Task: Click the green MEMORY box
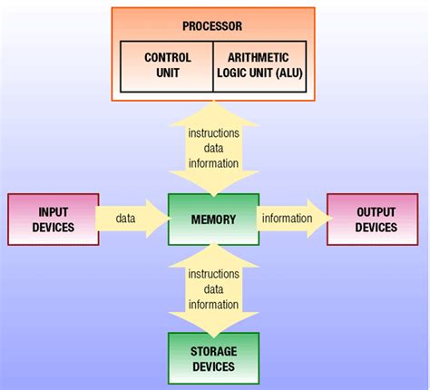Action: (x=213, y=219)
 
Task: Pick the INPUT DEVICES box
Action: (x=54, y=219)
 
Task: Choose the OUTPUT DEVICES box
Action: (x=375, y=219)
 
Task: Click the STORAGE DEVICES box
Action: (x=213, y=359)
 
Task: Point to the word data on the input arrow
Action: (x=127, y=219)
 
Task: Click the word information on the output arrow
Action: (x=287, y=219)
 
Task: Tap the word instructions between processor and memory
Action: (x=213, y=133)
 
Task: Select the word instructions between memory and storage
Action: (x=213, y=274)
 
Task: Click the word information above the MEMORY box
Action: (x=213, y=164)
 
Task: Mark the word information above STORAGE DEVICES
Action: (x=213, y=305)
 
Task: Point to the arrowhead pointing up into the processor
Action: (x=213, y=112)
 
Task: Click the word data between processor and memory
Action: (x=213, y=149)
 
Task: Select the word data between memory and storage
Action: (x=213, y=289)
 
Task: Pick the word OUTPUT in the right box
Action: (x=375, y=211)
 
